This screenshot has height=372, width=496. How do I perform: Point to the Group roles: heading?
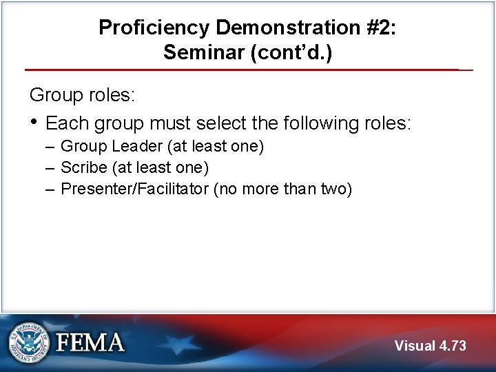81,95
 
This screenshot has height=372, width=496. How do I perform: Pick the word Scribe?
83,167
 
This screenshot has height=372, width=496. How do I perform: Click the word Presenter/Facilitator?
135,189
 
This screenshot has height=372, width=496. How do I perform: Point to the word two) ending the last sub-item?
335,189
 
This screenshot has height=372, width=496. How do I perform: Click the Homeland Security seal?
29,342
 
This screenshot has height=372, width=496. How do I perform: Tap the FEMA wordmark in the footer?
90,342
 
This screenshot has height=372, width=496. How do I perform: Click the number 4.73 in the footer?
453,346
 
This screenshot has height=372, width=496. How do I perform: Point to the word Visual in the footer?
415,346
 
